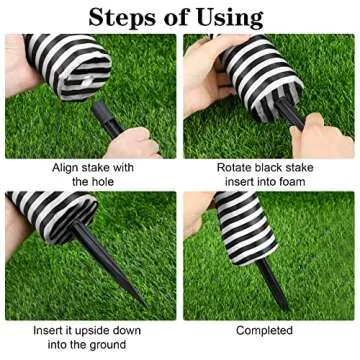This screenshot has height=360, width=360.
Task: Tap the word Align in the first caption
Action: point(72,168)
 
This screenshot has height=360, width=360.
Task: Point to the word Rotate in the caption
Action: point(236,168)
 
